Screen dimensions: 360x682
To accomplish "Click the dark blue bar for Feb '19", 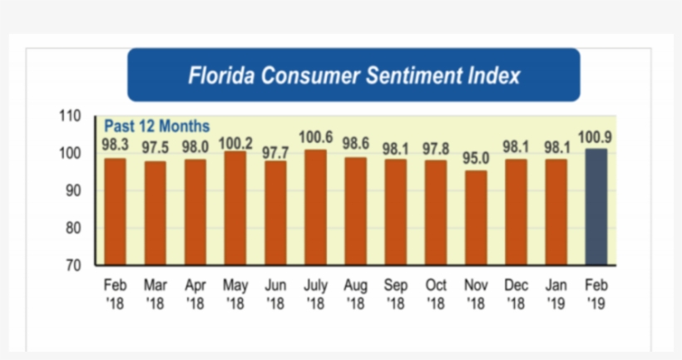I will (596, 207).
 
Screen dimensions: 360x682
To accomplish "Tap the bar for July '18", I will (315, 207).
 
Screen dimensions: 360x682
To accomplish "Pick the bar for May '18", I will (235, 208).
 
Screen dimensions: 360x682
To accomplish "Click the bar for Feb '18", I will (115, 211).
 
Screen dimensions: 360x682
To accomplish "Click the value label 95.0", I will (476, 158).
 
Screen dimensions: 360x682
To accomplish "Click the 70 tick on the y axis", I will (73, 265).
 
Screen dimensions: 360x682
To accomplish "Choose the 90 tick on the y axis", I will (73, 190).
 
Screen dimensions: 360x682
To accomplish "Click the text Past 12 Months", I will (156, 126).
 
